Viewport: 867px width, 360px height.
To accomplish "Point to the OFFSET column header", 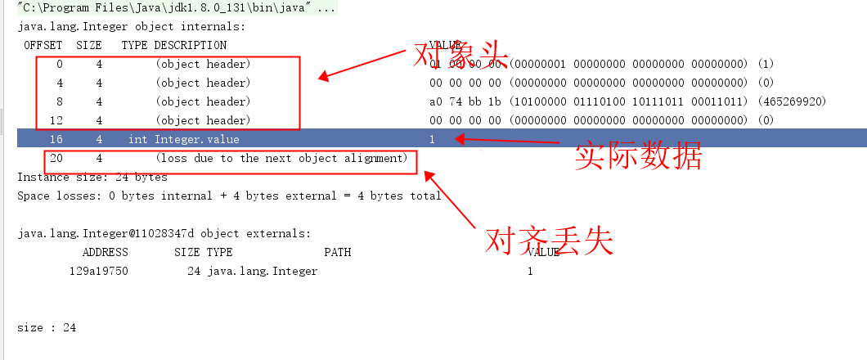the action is [44, 45].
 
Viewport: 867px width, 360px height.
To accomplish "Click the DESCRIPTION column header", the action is [191, 45].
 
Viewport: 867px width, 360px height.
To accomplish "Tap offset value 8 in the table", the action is [59, 101].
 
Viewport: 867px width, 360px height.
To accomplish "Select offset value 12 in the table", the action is [56, 120].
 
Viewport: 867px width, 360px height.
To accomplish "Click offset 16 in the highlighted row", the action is [56, 139].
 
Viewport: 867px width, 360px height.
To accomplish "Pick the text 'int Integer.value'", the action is [183, 139].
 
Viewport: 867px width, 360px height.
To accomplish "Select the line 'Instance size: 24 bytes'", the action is [92, 177].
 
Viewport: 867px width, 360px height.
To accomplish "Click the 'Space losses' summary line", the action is [229, 196].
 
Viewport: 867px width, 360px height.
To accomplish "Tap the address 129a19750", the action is [98, 271].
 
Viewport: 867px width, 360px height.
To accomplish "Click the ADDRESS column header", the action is [105, 252].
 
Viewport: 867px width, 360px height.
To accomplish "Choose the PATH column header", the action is [337, 252].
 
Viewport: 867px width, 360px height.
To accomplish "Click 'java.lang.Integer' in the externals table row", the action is [262, 271].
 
